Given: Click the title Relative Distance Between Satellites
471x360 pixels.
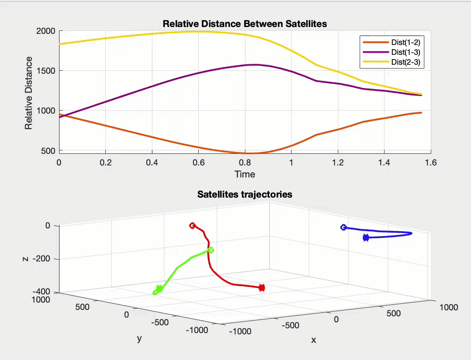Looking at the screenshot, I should pos(244,24).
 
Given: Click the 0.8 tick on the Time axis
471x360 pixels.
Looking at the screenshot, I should pos(245,162).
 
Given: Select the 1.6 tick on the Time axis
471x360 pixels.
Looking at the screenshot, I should pos(431,162).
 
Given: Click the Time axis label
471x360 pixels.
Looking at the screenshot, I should pos(244,174).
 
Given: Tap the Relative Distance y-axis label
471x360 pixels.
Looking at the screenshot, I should pos(29,93).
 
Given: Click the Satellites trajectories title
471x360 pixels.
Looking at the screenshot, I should pos(244,195).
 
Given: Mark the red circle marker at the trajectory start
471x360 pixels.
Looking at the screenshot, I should pos(193,225).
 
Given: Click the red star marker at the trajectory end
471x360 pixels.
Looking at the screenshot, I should pos(262,288).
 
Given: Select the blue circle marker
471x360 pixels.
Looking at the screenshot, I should pos(343,227).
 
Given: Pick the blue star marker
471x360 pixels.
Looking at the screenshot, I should pos(366,238).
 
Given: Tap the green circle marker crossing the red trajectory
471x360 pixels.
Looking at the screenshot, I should pos(211,250).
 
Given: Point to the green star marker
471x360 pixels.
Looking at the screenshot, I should pos(159,289).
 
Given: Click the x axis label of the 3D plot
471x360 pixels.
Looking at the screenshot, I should pos(314,340).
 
